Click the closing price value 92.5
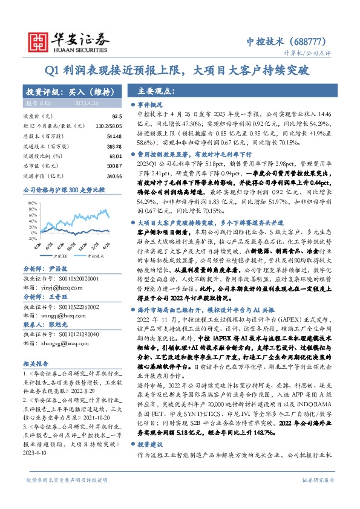(117, 115)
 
